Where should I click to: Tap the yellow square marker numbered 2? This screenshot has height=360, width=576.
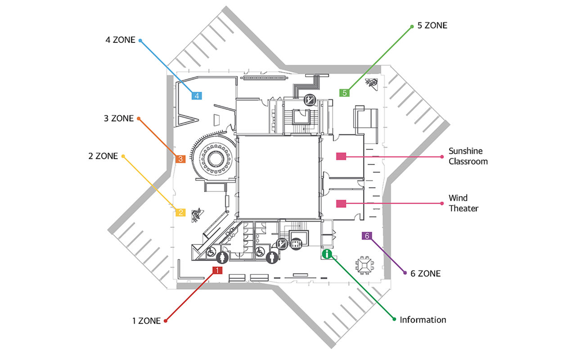point(180,212)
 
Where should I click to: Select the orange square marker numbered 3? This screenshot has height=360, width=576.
point(180,159)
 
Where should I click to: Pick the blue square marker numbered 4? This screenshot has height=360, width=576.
point(197,95)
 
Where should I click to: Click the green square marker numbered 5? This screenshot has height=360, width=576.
point(345,93)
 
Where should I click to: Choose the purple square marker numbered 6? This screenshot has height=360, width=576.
point(367,236)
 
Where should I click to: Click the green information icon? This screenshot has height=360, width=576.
point(327,254)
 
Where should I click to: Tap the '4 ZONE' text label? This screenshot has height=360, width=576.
point(120,40)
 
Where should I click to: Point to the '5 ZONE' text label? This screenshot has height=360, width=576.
point(432,26)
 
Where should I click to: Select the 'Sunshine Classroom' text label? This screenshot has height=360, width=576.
point(468,156)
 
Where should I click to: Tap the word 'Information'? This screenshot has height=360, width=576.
point(423,320)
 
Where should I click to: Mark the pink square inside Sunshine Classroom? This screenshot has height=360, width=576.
point(341,157)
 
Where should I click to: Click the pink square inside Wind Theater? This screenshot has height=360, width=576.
point(341,203)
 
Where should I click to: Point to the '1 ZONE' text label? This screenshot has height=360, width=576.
point(146,321)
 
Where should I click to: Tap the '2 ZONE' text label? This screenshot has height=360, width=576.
point(103,157)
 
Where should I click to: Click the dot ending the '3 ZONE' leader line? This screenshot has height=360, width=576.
point(139,119)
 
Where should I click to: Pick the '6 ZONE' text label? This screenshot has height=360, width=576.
point(425,274)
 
